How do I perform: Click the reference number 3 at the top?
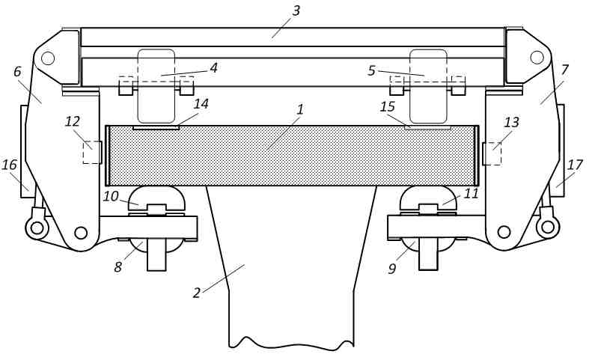[x=296, y=10]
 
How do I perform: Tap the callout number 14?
[x=201, y=104]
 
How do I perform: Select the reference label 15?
[x=388, y=107]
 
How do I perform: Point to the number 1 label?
[x=300, y=110]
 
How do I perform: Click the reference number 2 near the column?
[x=196, y=293]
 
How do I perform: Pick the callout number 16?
[x=10, y=165]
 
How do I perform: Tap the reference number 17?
[x=575, y=165]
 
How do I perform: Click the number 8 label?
[x=118, y=267]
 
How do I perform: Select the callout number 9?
[x=392, y=269]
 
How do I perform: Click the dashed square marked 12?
[x=92, y=152]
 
